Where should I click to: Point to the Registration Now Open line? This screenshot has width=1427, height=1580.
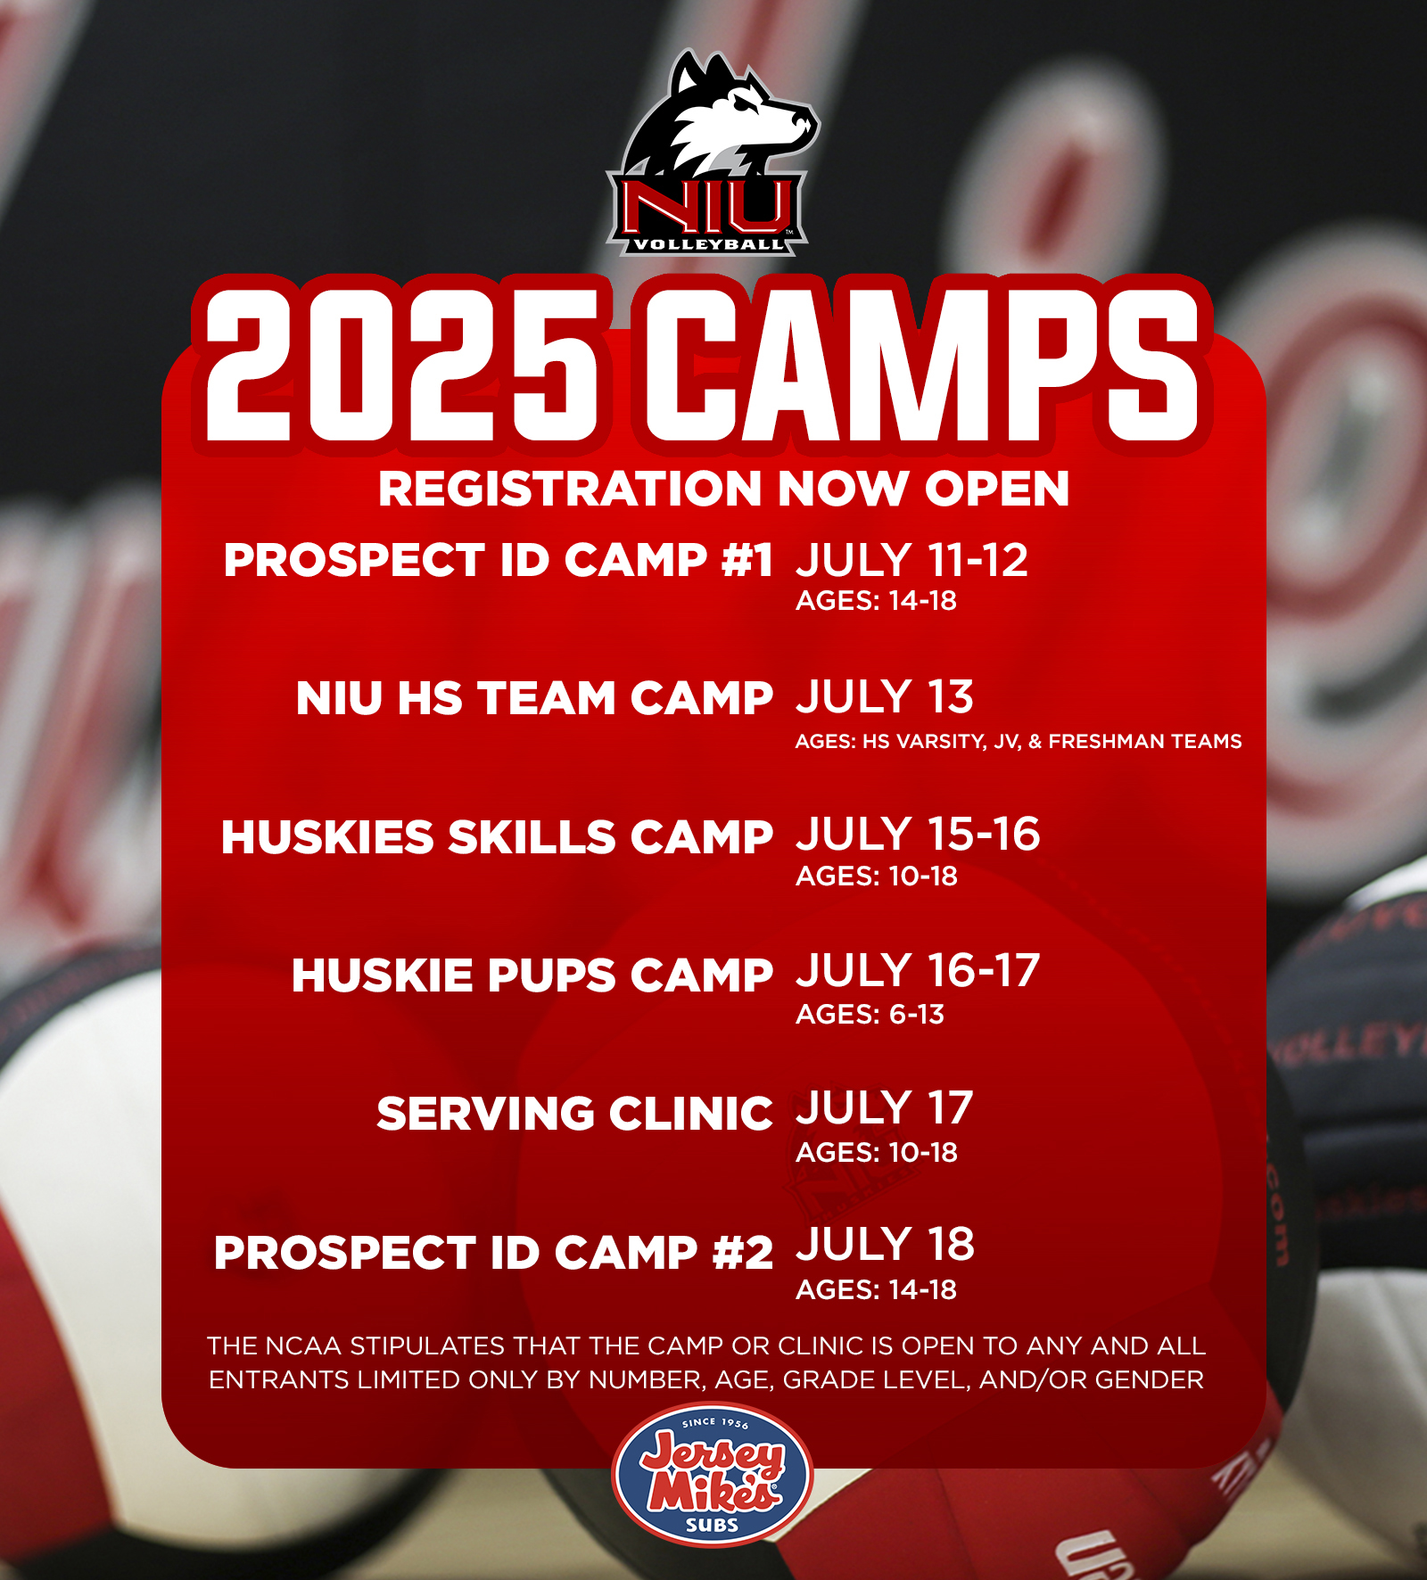[x=723, y=489]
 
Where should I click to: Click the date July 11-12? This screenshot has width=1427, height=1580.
[x=911, y=560]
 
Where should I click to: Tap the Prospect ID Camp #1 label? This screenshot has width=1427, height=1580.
[x=499, y=560]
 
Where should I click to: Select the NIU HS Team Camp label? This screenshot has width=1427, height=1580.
[x=534, y=697]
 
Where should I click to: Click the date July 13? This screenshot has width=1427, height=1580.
[x=884, y=697]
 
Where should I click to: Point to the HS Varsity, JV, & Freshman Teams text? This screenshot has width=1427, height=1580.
[x=1052, y=741]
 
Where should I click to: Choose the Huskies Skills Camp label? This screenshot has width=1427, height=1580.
[x=497, y=836]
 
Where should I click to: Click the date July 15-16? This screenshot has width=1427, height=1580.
[x=918, y=835]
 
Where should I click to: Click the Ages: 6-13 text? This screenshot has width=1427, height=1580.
[x=870, y=1015]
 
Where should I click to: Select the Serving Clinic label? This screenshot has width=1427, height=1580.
[x=574, y=1113]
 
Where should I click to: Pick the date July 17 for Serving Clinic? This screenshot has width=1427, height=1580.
[x=884, y=1108]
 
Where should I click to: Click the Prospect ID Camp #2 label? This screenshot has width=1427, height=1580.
[x=493, y=1252]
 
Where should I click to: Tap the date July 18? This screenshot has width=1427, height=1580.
[x=885, y=1245]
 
